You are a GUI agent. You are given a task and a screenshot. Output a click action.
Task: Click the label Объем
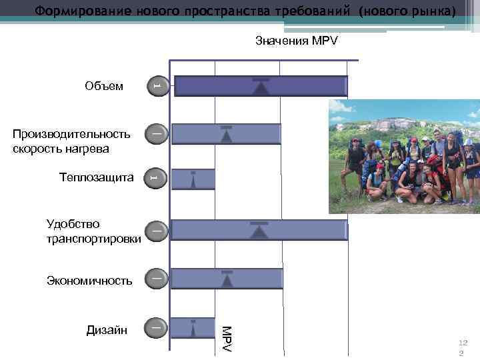click(x=104, y=86)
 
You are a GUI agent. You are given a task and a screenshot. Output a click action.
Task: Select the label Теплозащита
click(x=96, y=178)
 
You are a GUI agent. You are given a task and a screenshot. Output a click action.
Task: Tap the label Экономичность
click(x=89, y=281)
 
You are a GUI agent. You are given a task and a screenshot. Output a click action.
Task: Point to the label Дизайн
click(x=106, y=329)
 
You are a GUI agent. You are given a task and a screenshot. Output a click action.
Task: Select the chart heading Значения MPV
click(x=297, y=41)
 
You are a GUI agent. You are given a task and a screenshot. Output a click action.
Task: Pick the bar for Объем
click(x=260, y=87)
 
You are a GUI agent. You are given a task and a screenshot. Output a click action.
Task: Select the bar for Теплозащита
click(x=193, y=179)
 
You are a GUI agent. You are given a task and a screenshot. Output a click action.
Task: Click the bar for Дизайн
click(x=193, y=328)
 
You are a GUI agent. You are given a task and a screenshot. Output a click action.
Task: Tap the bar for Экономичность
click(x=227, y=279)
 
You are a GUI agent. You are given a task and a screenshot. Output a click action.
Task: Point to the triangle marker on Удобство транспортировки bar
click(x=259, y=231)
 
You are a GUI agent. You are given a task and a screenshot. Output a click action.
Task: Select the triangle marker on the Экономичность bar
click(x=227, y=280)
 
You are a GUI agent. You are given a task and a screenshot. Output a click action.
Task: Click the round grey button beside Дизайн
click(x=155, y=328)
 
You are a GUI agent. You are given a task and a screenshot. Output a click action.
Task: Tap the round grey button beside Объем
click(x=155, y=85)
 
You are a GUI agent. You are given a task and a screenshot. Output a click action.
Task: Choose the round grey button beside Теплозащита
click(x=155, y=177)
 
